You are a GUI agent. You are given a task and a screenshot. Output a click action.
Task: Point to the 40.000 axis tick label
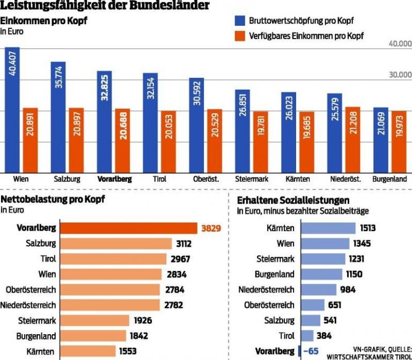(400, 43)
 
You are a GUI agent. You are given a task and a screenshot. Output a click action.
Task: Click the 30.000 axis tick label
(400, 75)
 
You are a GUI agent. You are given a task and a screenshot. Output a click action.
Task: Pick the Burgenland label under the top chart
(389, 179)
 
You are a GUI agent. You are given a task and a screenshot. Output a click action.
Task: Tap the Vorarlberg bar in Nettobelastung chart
(128, 228)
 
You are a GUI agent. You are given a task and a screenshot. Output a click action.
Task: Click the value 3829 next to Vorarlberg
(211, 228)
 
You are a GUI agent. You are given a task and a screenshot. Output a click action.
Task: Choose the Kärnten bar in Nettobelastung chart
(87, 351)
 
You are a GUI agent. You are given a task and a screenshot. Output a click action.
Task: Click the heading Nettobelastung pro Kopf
(53, 200)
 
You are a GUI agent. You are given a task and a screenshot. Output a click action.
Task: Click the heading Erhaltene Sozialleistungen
(298, 200)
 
